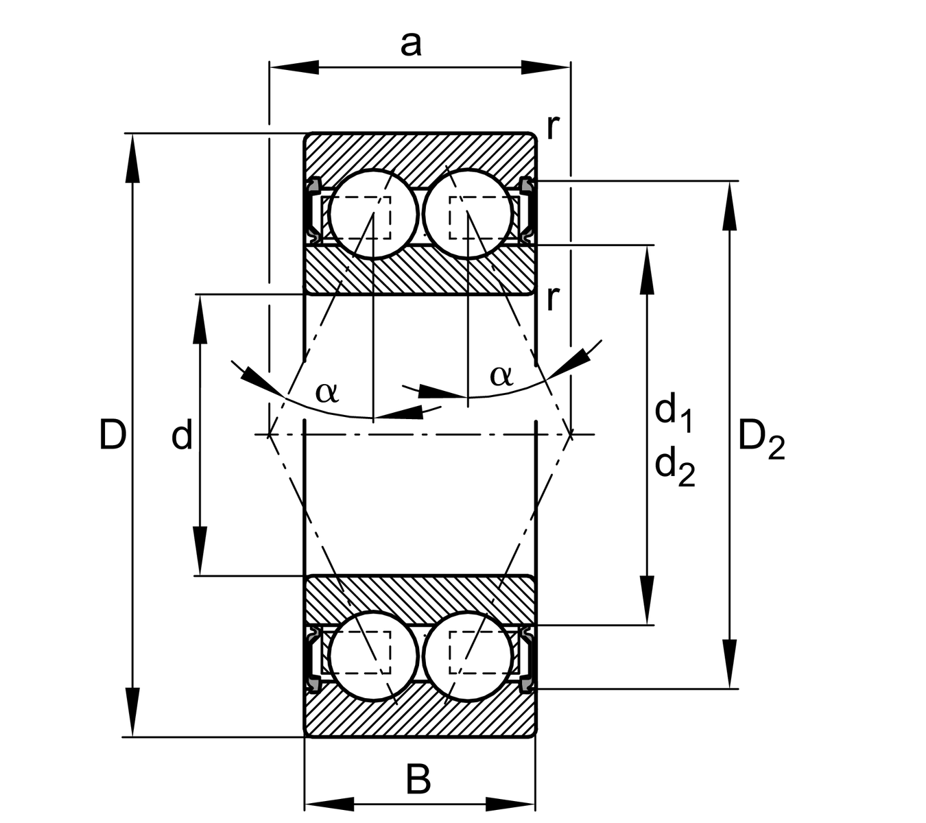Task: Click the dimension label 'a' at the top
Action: pyautogui.click(x=411, y=45)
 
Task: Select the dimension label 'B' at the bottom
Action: pyautogui.click(x=418, y=780)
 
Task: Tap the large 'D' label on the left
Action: pyautogui.click(x=112, y=435)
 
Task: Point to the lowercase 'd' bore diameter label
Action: pyautogui.click(x=182, y=436)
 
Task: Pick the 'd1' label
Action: pyautogui.click(x=673, y=413)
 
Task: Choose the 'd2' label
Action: pyautogui.click(x=674, y=466)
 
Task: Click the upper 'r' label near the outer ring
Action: pyautogui.click(x=553, y=126)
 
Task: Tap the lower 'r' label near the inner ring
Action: pyautogui.click(x=553, y=298)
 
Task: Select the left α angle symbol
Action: pyautogui.click(x=327, y=392)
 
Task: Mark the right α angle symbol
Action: pyautogui.click(x=501, y=375)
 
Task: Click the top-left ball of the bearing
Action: pyautogui.click(x=372, y=214)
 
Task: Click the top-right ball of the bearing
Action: pyautogui.click(x=468, y=214)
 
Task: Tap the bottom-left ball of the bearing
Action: pyautogui.click(x=373, y=656)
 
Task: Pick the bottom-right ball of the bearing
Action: pyautogui.click(x=468, y=656)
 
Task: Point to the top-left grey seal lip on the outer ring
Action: pyautogui.click(x=314, y=184)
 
